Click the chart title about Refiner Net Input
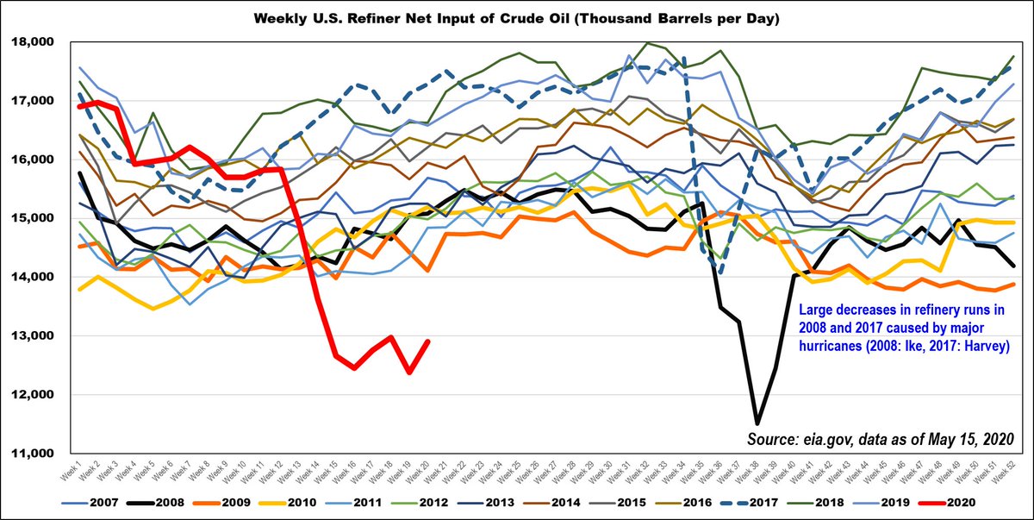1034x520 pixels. coord(517,16)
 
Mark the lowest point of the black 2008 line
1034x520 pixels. coord(757,423)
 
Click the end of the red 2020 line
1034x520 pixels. coord(428,341)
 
